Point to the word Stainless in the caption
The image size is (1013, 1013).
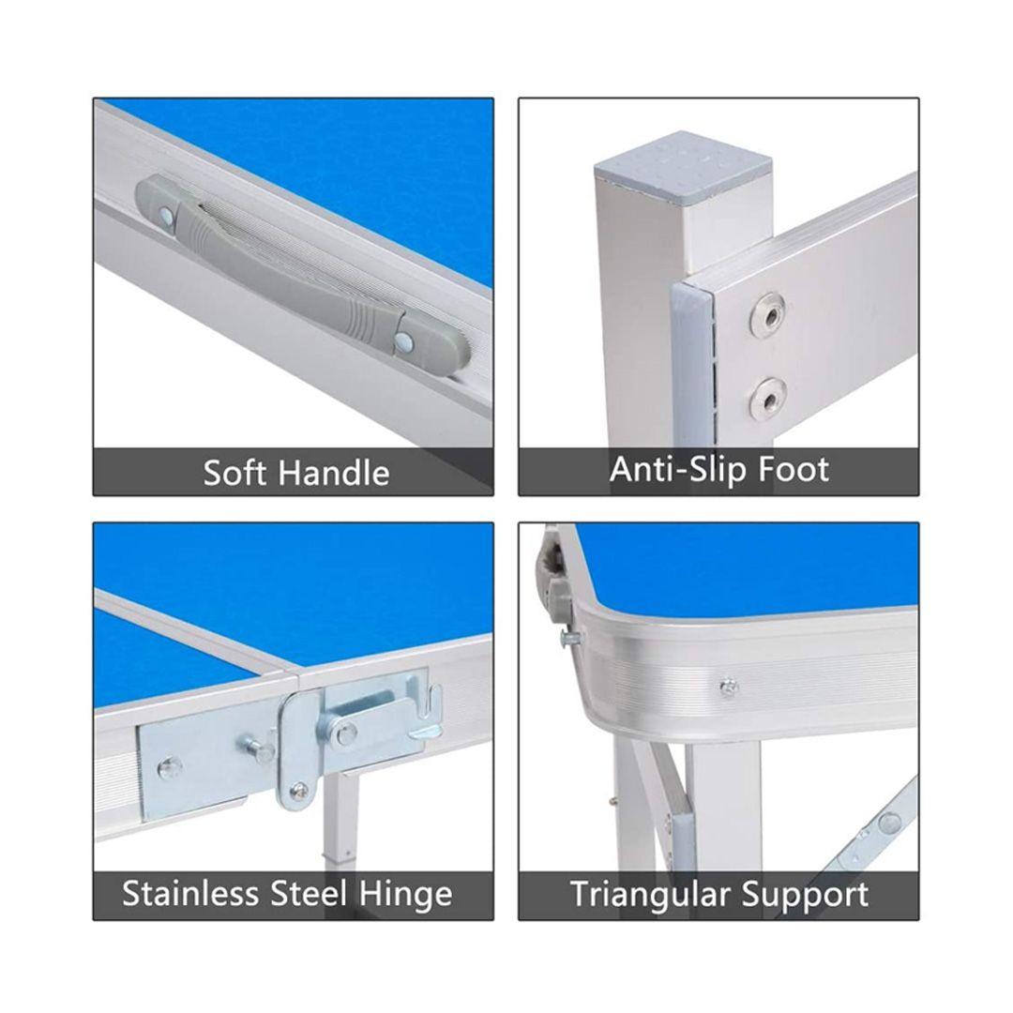(190, 894)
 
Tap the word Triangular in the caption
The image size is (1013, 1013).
(650, 895)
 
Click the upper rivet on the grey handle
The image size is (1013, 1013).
(167, 216)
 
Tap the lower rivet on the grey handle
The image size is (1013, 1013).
(404, 340)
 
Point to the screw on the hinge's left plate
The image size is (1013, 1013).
(169, 767)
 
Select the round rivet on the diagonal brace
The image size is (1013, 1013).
(890, 823)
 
